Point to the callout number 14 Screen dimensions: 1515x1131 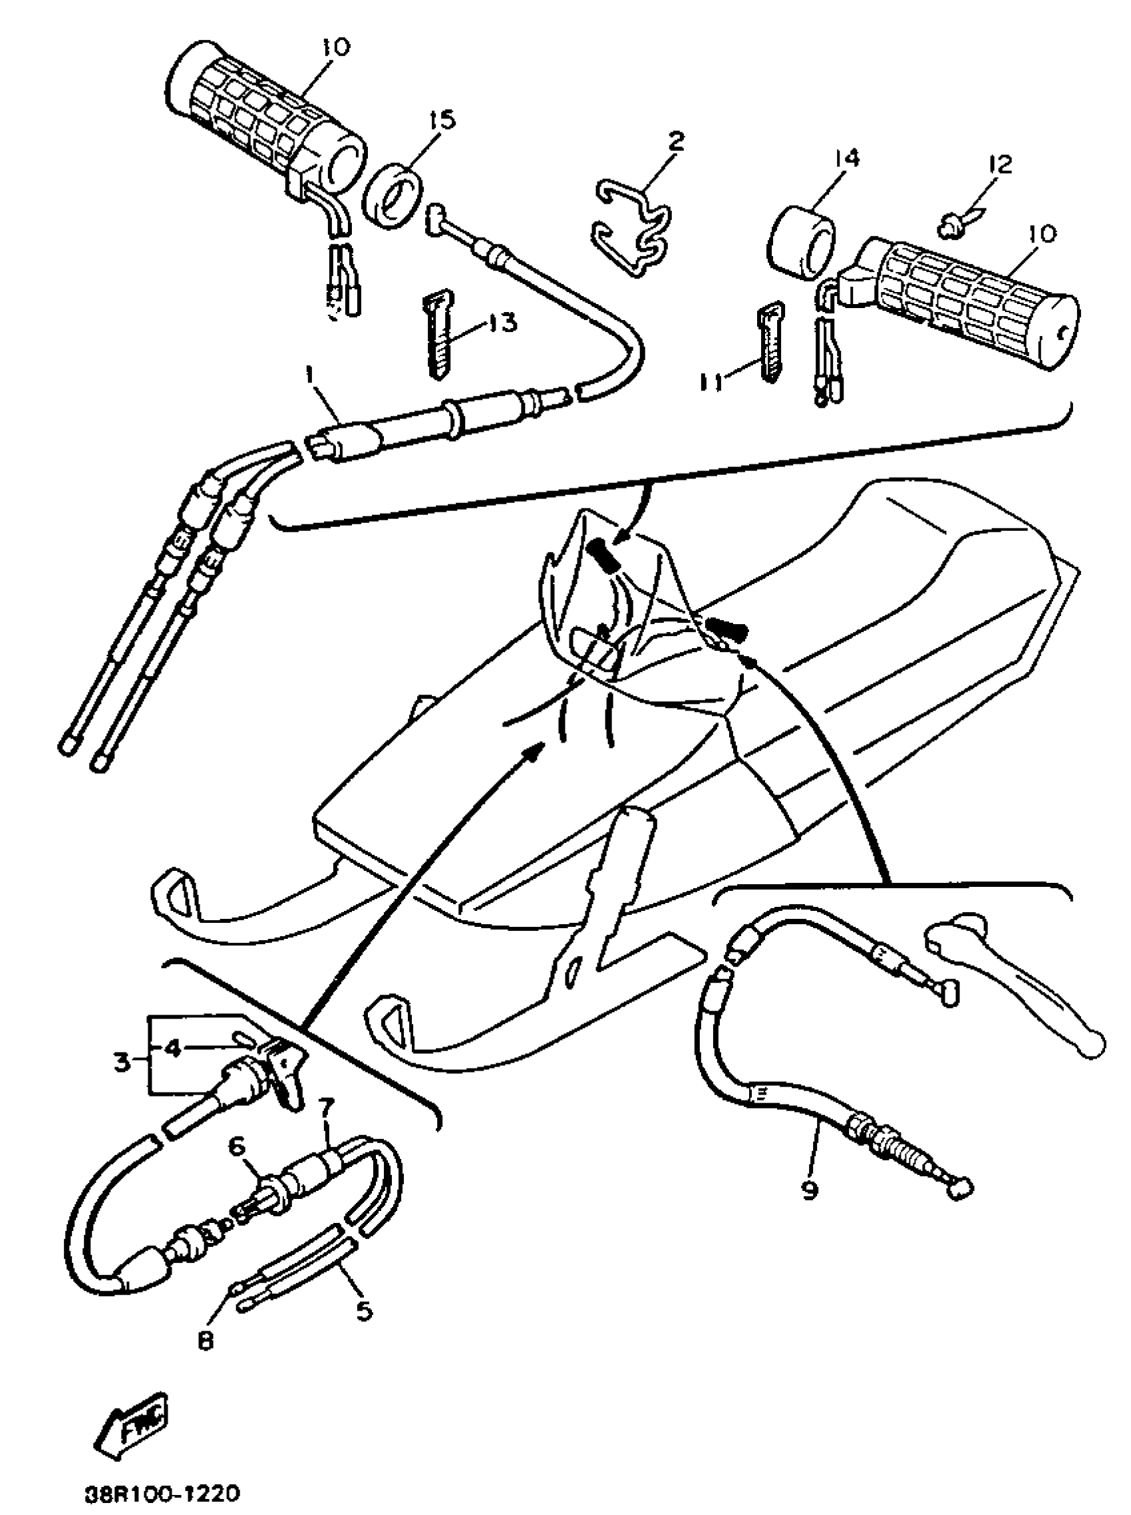click(846, 159)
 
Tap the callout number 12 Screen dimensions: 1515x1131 click(1000, 164)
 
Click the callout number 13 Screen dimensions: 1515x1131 click(503, 323)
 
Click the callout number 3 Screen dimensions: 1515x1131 click(121, 1062)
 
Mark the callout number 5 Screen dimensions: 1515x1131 click(363, 1310)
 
